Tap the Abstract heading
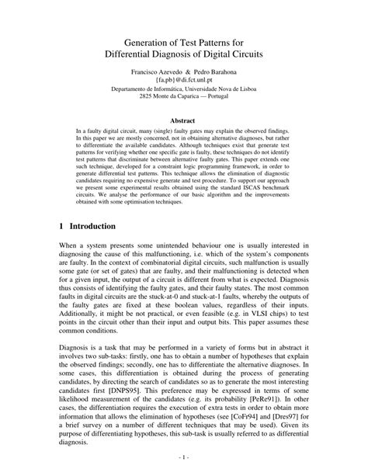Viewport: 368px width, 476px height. tap(183, 123)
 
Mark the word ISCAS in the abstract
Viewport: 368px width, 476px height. tap(238, 187)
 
